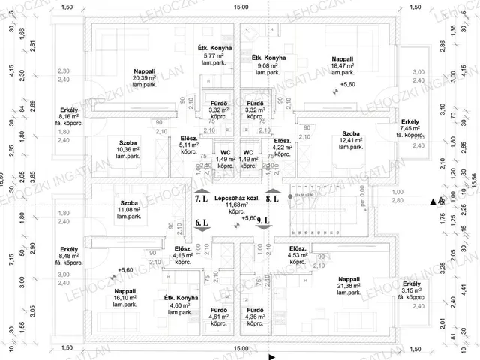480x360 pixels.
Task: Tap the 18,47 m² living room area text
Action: pyautogui.click(x=347, y=66)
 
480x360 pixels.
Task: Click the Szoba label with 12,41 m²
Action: pyautogui.click(x=346, y=140)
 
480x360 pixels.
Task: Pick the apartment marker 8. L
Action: pyautogui.click(x=272, y=200)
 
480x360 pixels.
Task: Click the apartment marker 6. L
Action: pyautogui.click(x=200, y=223)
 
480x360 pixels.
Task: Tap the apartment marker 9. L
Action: pyautogui.click(x=263, y=223)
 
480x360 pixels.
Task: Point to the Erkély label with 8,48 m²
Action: pyautogui.click(x=70, y=249)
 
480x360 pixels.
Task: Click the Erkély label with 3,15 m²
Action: pyautogui.click(x=411, y=284)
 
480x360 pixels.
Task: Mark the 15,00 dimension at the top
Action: pyautogui.click(x=240, y=7)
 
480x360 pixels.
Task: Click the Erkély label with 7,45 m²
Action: pyautogui.click(x=410, y=121)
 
